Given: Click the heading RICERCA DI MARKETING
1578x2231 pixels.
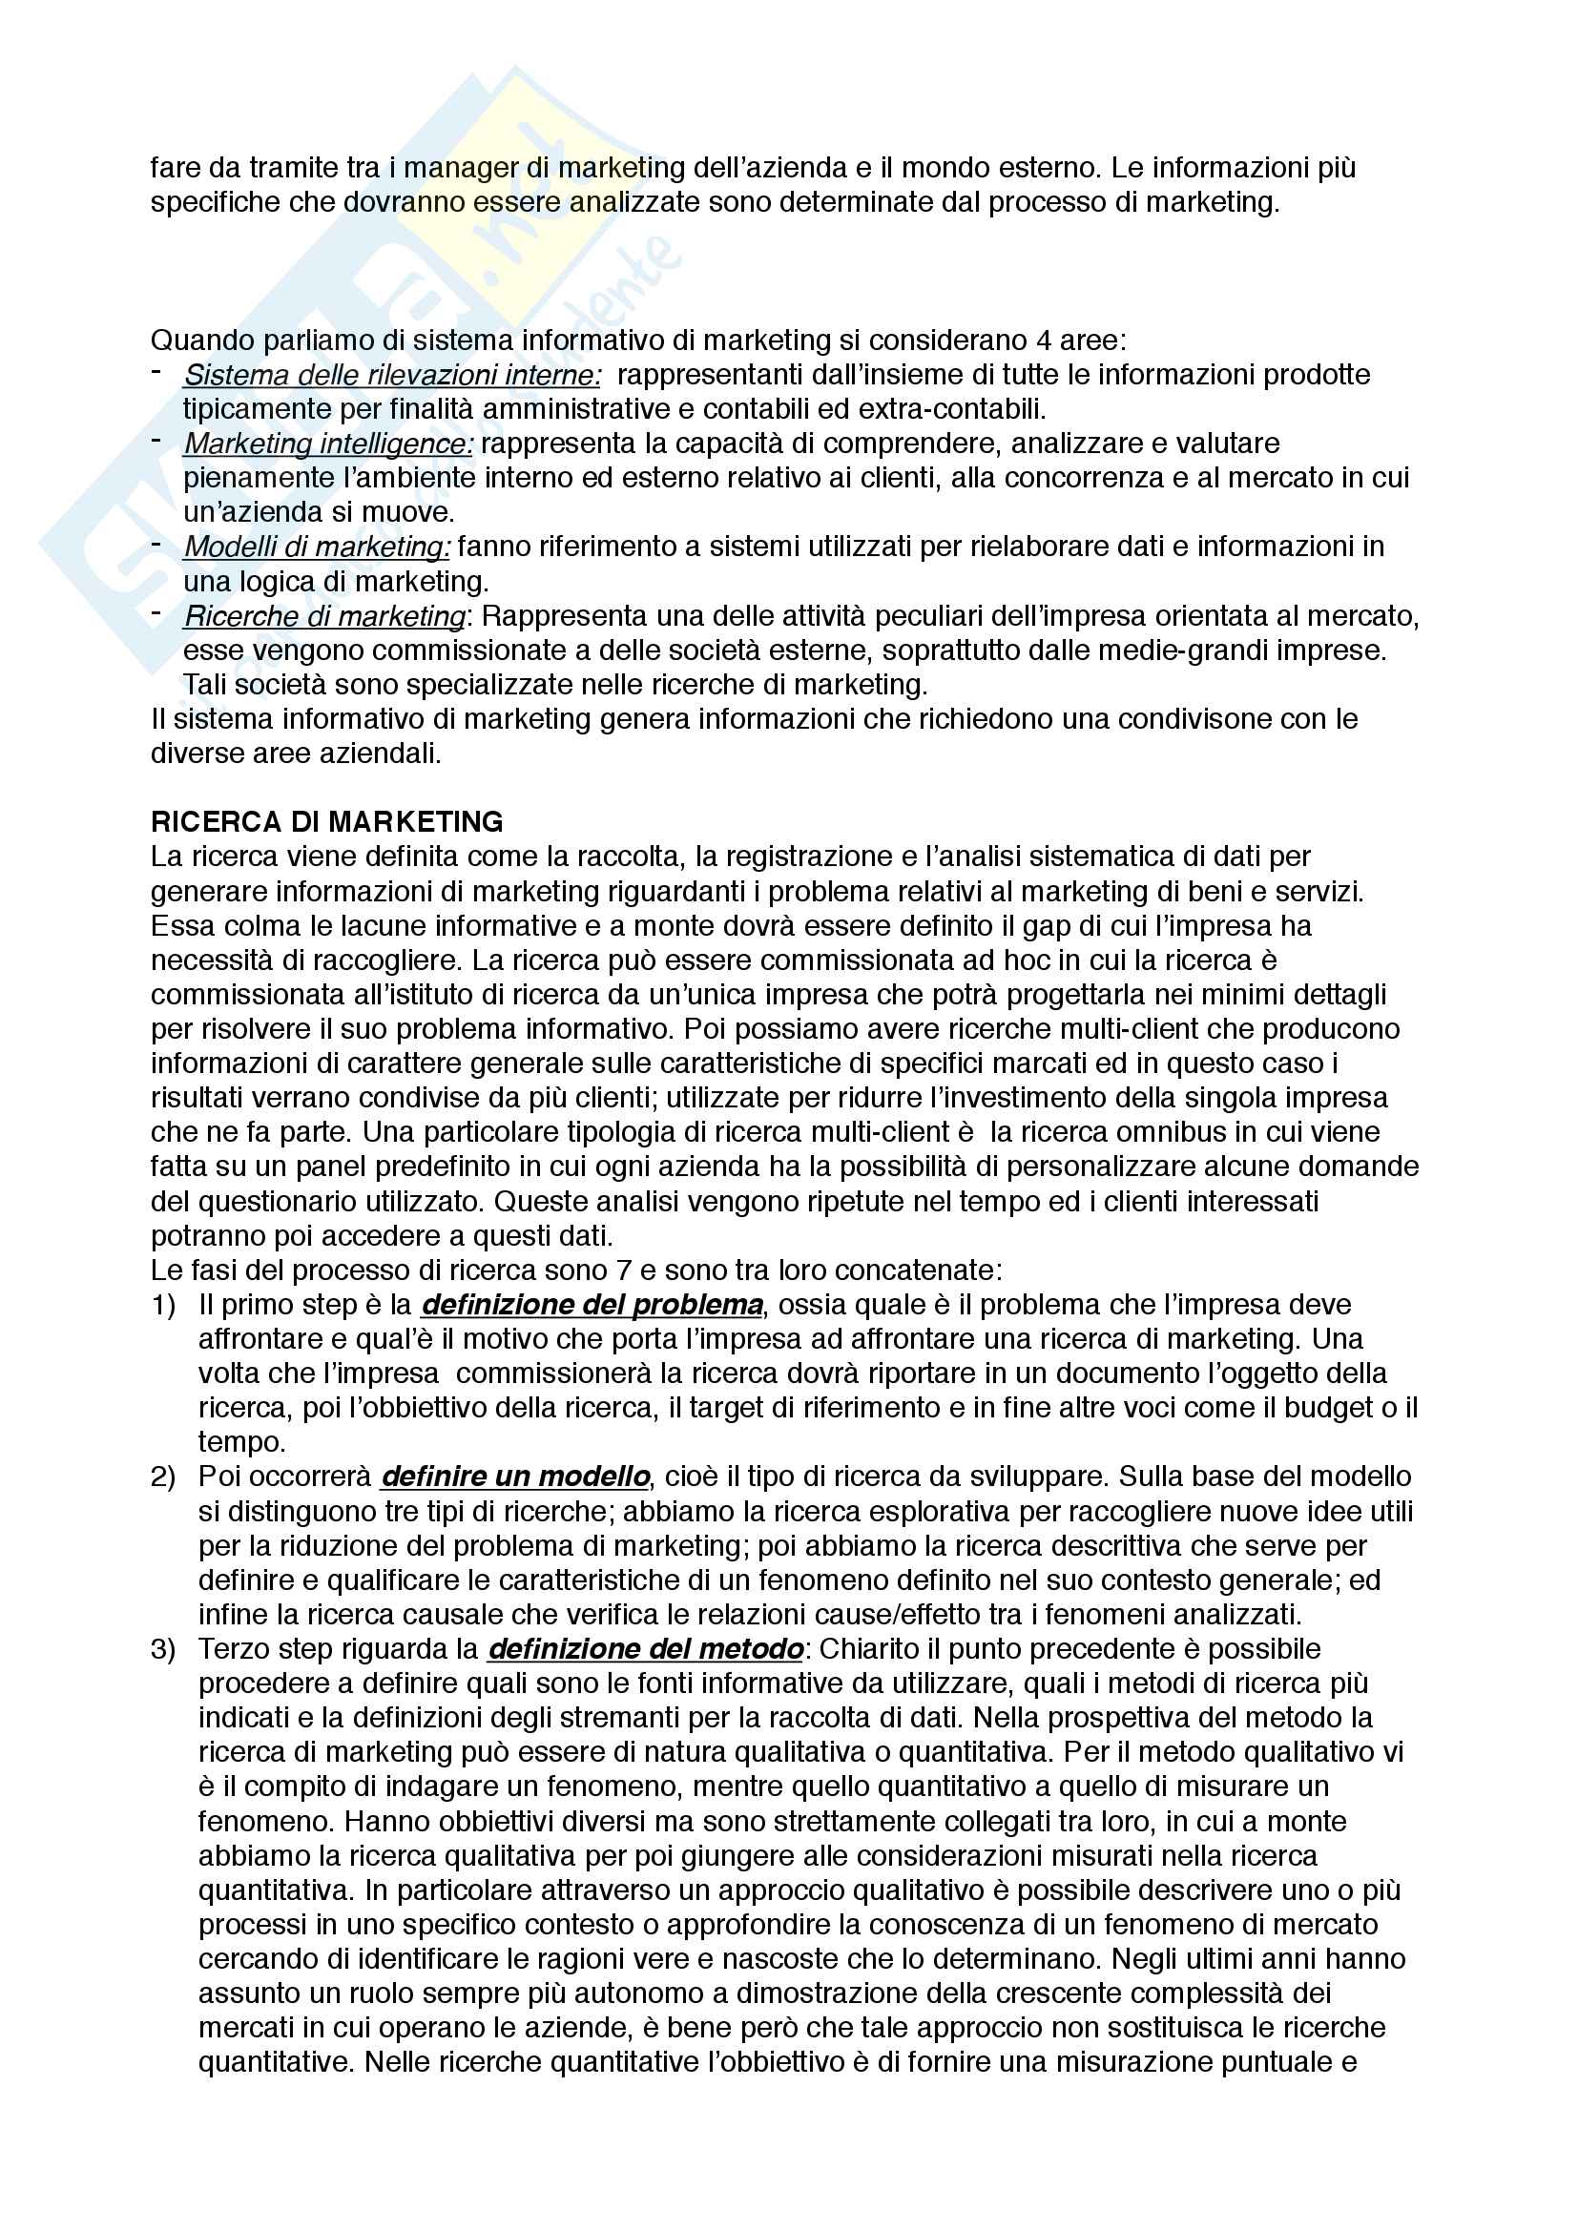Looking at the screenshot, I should pos(326,822).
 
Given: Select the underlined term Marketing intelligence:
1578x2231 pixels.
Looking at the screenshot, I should pos(328,444).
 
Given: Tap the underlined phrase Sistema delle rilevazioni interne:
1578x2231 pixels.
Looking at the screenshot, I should pos(391,375).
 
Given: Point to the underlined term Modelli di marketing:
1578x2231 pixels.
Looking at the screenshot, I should pos(317,547).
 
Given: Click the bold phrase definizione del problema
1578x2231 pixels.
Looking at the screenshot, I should pos(592,1304).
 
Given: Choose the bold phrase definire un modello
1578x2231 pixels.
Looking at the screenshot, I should pos(515,1476).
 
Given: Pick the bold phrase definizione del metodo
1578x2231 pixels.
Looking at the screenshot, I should pos(645,1649).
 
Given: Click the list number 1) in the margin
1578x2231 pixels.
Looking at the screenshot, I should pos(163,1304).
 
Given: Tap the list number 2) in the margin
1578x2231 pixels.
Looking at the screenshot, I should pos(163,1476).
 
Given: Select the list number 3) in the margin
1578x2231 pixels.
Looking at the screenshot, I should pos(163,1649).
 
